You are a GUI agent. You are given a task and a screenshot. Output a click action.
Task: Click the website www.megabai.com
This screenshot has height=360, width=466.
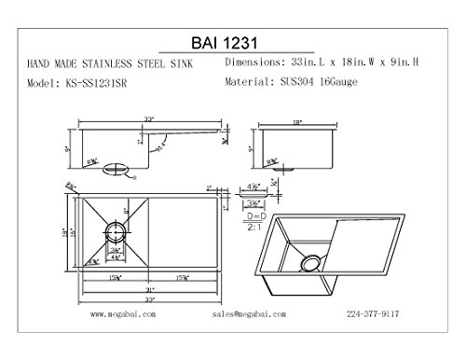[128, 314]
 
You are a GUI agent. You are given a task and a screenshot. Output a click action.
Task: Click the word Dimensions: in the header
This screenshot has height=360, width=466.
[256, 62]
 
